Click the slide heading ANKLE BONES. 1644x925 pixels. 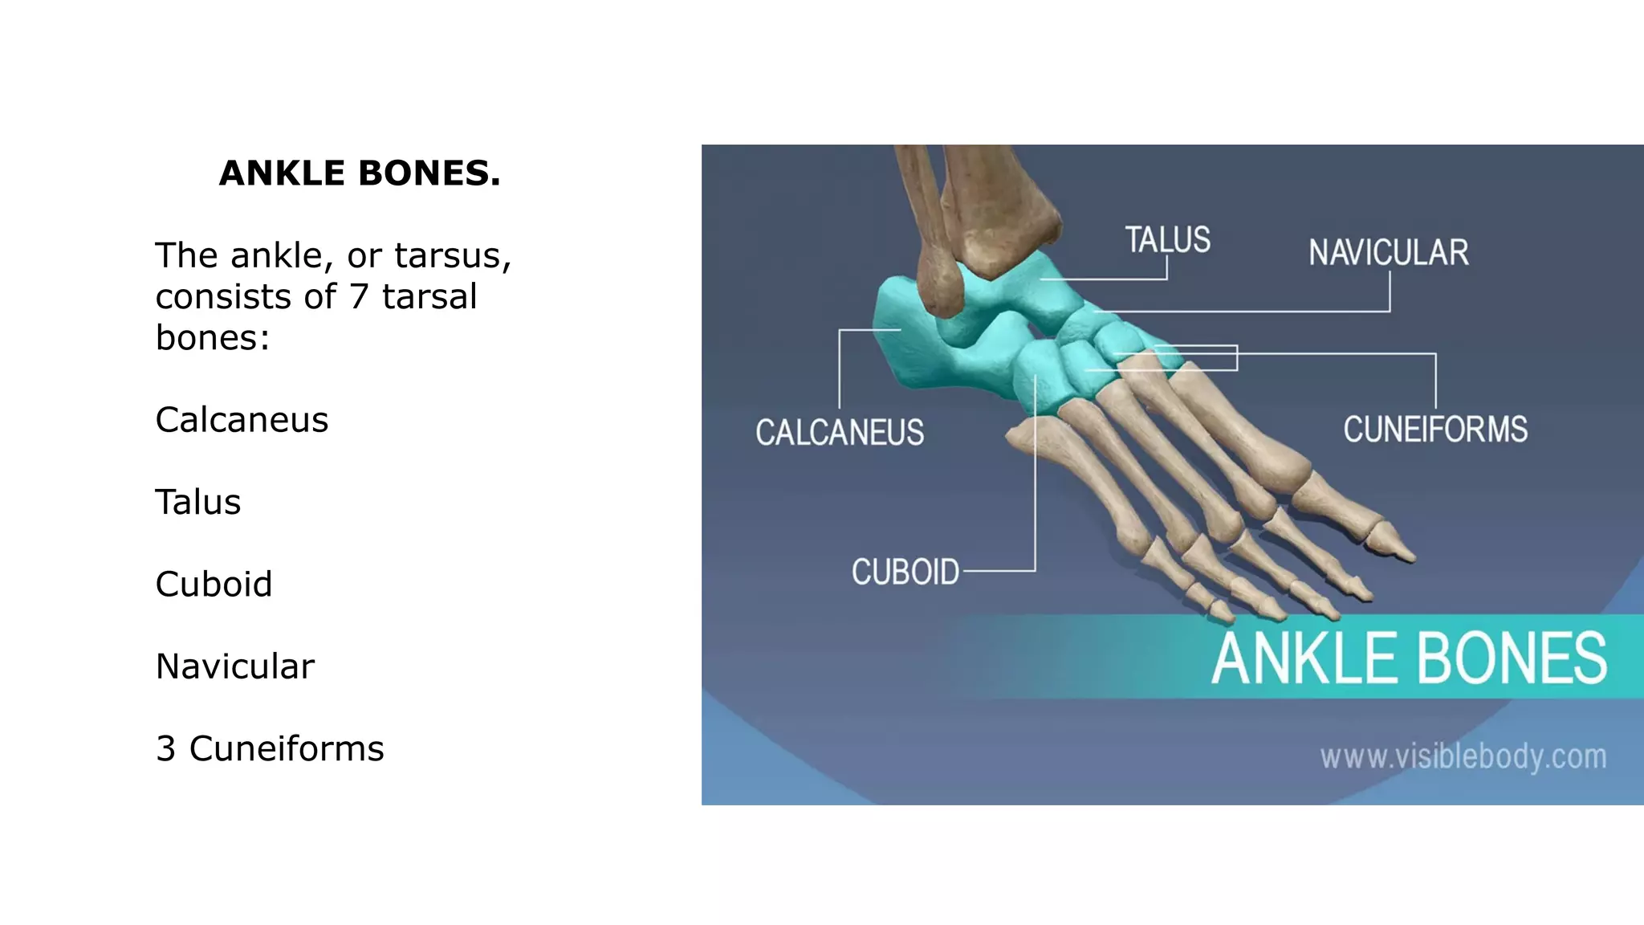pos(360,173)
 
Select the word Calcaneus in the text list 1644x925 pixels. pos(242,420)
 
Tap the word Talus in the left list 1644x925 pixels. pos(197,503)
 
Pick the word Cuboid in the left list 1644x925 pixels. pos(214,585)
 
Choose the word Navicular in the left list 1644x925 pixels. pos(234,666)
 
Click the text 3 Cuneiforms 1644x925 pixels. pos(270,749)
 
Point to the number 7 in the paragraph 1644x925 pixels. pos(358,297)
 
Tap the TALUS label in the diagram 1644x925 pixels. pos(1167,239)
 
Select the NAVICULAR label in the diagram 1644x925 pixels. pos(1389,253)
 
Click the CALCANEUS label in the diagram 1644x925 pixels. pos(840,433)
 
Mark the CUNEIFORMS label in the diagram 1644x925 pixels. pos(1435,430)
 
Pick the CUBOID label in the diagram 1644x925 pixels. pos(905,573)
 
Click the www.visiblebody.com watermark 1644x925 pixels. pos(1463,756)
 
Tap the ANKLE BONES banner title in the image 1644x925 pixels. pos(1409,658)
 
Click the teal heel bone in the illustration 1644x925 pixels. pos(903,337)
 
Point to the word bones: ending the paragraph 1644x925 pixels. pos(212,338)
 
